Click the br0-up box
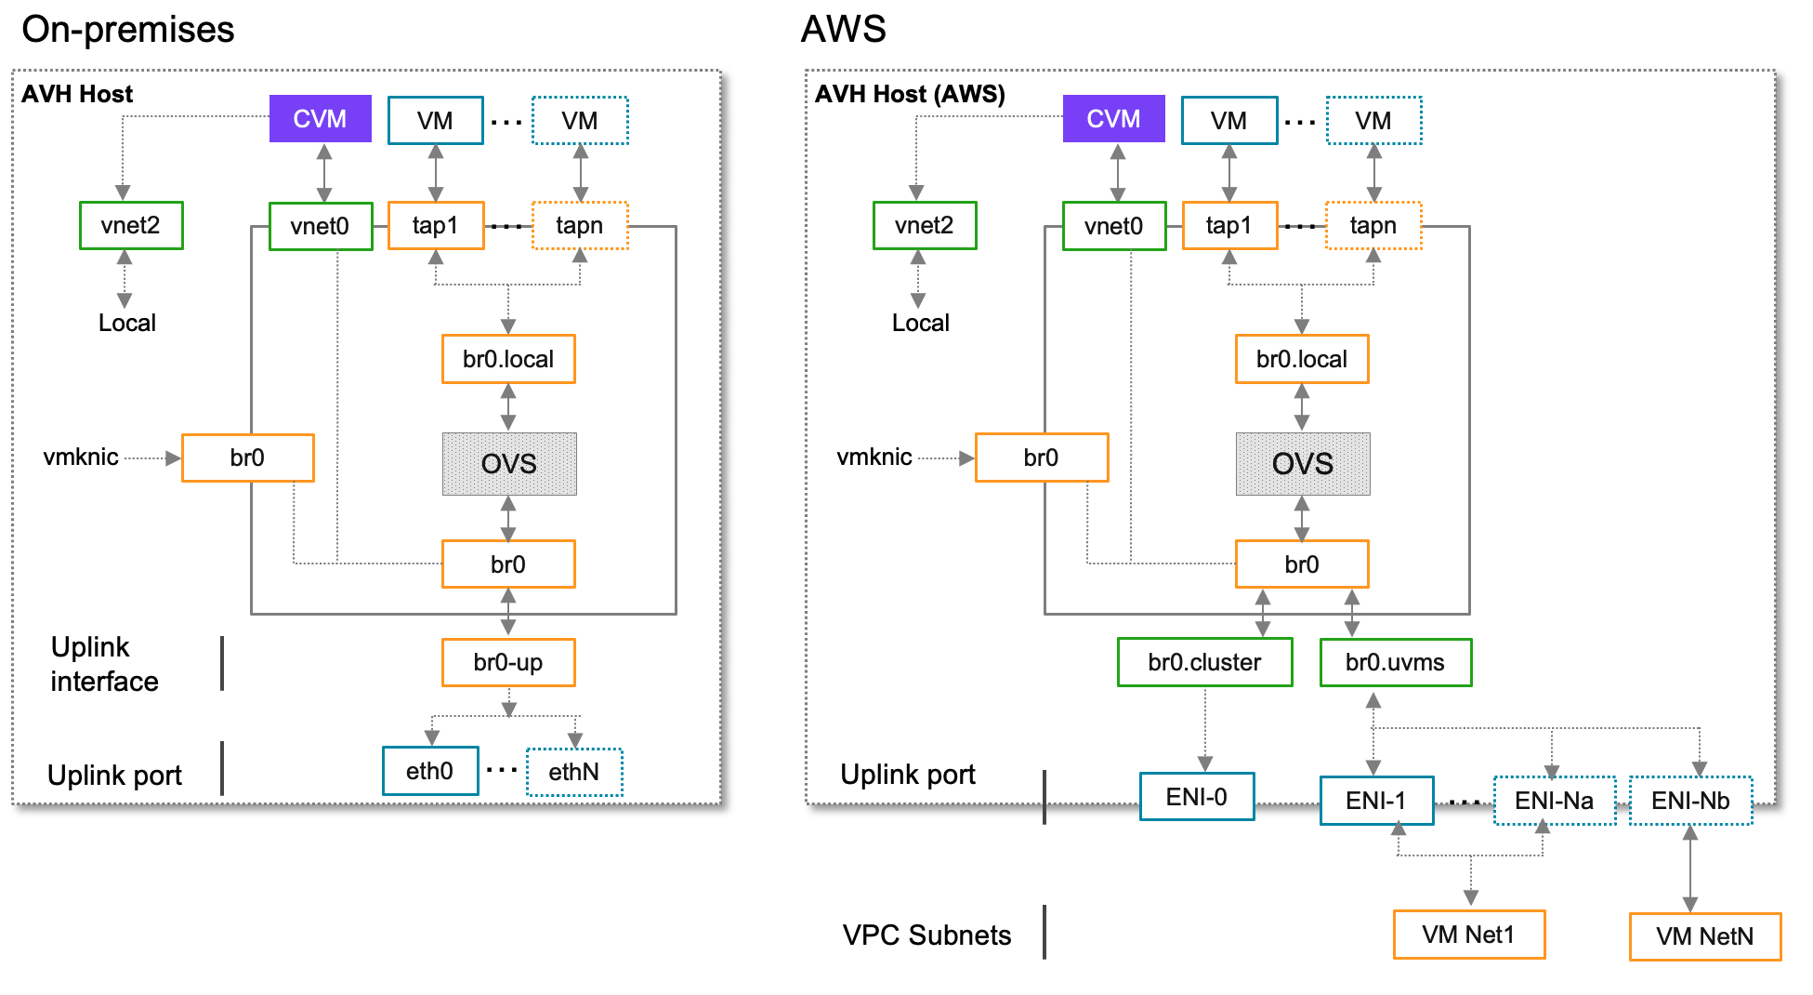[507, 662]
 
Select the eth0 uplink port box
[429, 771]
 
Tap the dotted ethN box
[573, 772]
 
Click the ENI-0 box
[1196, 797]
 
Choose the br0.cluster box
[1203, 662]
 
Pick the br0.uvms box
[1395, 662]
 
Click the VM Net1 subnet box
[1468, 934]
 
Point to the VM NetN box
[1704, 935]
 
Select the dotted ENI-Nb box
[1689, 801]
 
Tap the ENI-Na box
[1554, 801]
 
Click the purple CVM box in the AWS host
[1112, 119]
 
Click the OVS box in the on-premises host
[508, 463]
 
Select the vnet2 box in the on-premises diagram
[130, 225]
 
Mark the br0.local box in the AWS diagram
[1301, 359]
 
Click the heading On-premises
[128, 30]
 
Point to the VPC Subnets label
[926, 935]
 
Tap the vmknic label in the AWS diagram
[874, 457]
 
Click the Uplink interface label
[104, 664]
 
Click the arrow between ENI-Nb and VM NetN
[1689, 869]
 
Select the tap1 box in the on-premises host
[435, 225]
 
